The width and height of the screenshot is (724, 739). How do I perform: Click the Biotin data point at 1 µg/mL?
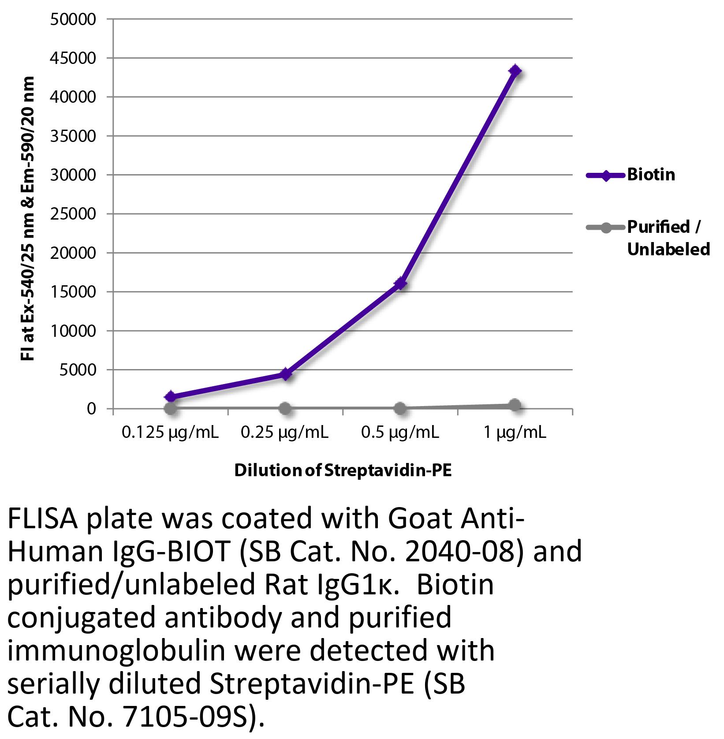pos(515,71)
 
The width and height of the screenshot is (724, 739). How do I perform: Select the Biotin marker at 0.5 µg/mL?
pos(400,283)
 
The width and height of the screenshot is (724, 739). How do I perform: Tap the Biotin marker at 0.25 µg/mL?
pos(285,374)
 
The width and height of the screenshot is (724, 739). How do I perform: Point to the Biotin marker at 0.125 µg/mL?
pos(171,397)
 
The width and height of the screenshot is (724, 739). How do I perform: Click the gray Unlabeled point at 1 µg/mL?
pos(515,405)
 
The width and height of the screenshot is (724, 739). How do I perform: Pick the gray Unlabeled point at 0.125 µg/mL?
pos(171,408)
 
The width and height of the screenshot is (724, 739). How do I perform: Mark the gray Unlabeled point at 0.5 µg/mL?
pos(400,408)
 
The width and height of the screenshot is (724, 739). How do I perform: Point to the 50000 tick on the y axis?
pos(73,19)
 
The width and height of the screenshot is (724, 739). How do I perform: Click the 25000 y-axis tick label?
pos(73,214)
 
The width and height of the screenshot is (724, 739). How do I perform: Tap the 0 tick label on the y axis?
pos(91,409)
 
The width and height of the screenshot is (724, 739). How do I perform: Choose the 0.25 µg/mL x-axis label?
pos(284,433)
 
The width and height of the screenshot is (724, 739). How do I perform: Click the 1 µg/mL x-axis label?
pos(515,433)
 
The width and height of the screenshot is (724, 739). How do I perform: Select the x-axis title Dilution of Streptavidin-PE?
pos(343,470)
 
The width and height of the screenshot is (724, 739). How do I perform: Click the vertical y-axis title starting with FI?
pos(28,218)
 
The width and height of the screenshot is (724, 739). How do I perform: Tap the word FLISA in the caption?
pos(43,520)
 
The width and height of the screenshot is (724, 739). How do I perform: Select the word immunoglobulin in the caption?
pos(116,651)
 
